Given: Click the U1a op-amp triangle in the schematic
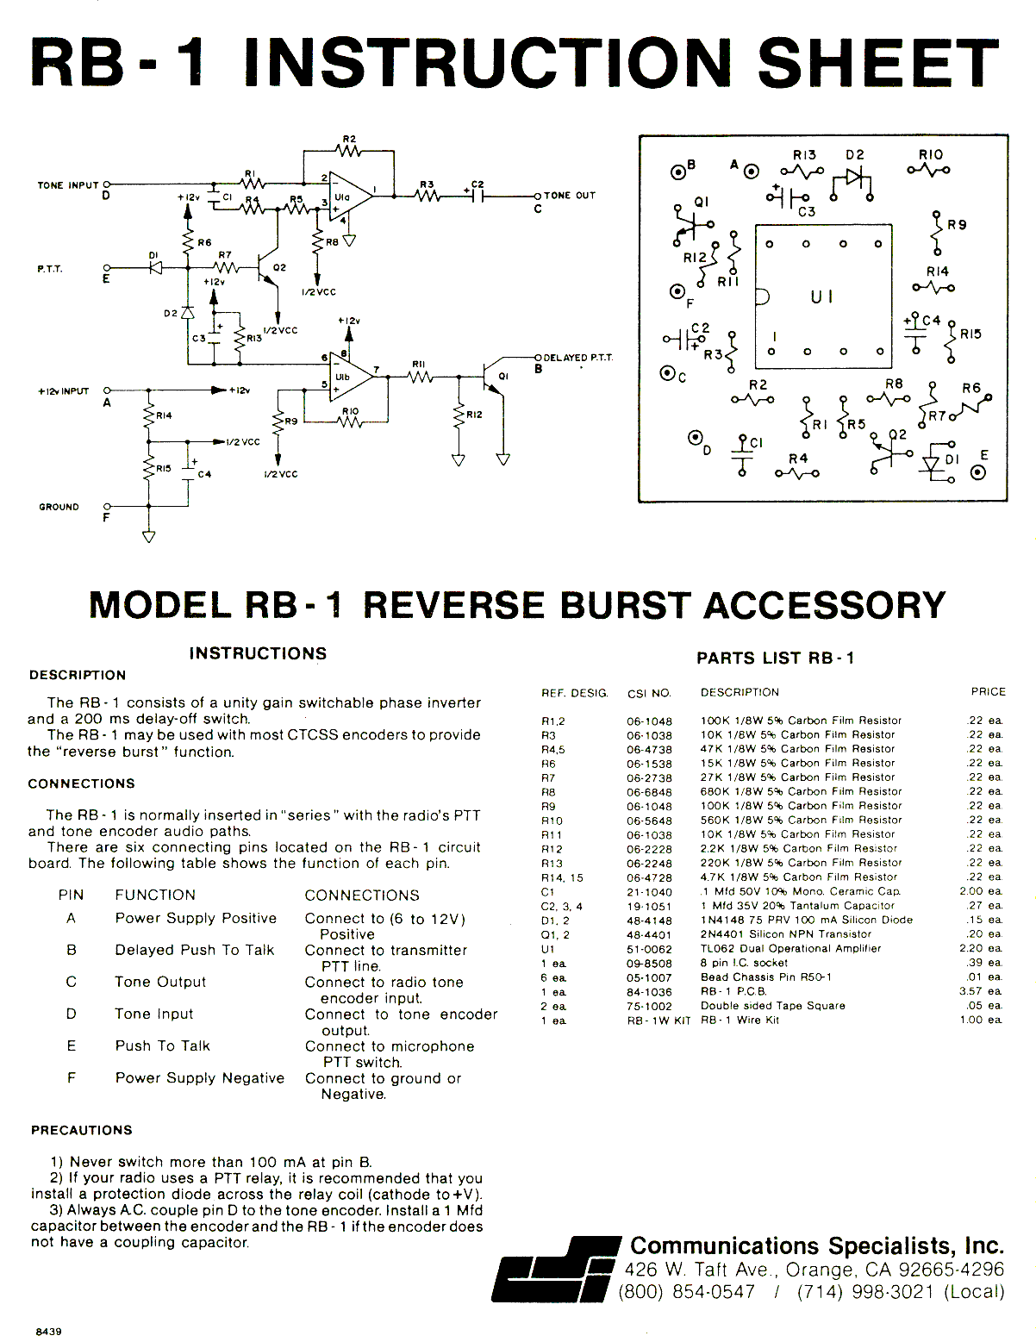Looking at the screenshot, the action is click(x=349, y=196).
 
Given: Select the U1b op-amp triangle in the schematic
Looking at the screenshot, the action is click(x=349, y=376).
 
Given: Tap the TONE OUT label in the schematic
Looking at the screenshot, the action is click(x=569, y=195).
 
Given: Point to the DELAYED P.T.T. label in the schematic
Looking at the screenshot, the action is click(x=577, y=358).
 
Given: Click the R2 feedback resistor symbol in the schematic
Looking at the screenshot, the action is click(x=349, y=150).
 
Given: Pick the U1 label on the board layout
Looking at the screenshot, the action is click(x=821, y=297).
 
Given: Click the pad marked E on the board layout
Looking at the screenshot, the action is click(x=978, y=472).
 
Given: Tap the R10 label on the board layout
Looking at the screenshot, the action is click(x=931, y=154).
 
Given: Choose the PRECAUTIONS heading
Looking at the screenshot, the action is click(x=82, y=1130).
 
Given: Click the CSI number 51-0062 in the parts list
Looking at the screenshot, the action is click(x=649, y=949).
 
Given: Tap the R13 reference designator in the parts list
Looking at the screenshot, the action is click(x=552, y=864).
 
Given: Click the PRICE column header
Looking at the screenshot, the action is click(x=988, y=692).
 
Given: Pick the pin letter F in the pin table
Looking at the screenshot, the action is click(x=72, y=1077).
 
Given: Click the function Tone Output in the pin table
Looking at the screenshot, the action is click(x=160, y=982).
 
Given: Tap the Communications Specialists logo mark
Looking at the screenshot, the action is click(x=556, y=1269).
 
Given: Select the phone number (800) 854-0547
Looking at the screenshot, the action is click(x=687, y=1292).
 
